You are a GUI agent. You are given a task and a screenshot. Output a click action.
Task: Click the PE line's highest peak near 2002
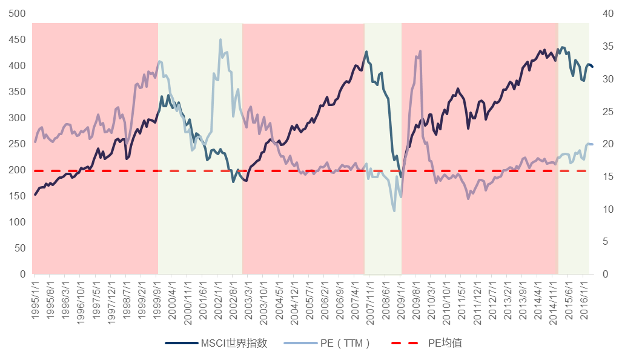(220, 40)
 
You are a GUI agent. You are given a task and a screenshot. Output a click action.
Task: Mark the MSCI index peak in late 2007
(366, 52)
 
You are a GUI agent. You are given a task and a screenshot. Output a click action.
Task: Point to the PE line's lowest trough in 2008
(394, 210)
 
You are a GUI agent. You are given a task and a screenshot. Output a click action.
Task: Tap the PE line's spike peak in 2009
(420, 52)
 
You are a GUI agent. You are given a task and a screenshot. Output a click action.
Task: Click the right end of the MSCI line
(592, 67)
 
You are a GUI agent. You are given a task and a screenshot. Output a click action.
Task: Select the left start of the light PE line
(35, 142)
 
